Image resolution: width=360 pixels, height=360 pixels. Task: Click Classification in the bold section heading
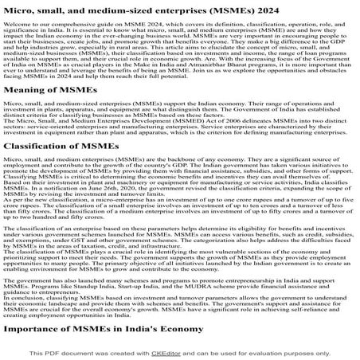(x=41, y=167)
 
